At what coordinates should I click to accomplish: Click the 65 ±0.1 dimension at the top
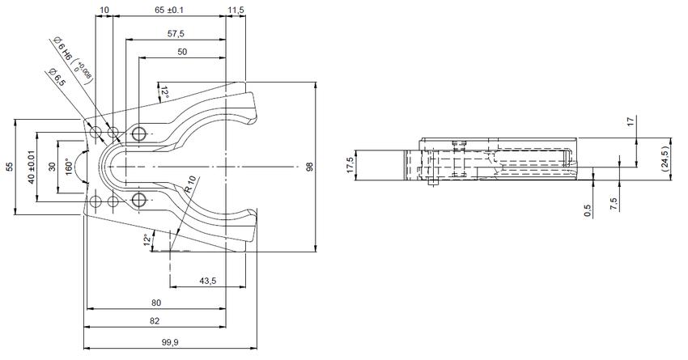coord(168,9)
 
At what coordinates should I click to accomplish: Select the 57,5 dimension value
coord(175,34)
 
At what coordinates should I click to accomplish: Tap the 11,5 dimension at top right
coord(236,9)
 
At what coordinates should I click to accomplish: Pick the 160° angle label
coord(70,165)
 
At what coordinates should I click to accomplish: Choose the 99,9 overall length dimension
coord(171,343)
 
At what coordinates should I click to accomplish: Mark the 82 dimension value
coord(155,322)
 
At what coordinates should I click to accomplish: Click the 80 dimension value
coord(155,303)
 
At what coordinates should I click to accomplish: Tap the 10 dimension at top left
coord(104,9)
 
